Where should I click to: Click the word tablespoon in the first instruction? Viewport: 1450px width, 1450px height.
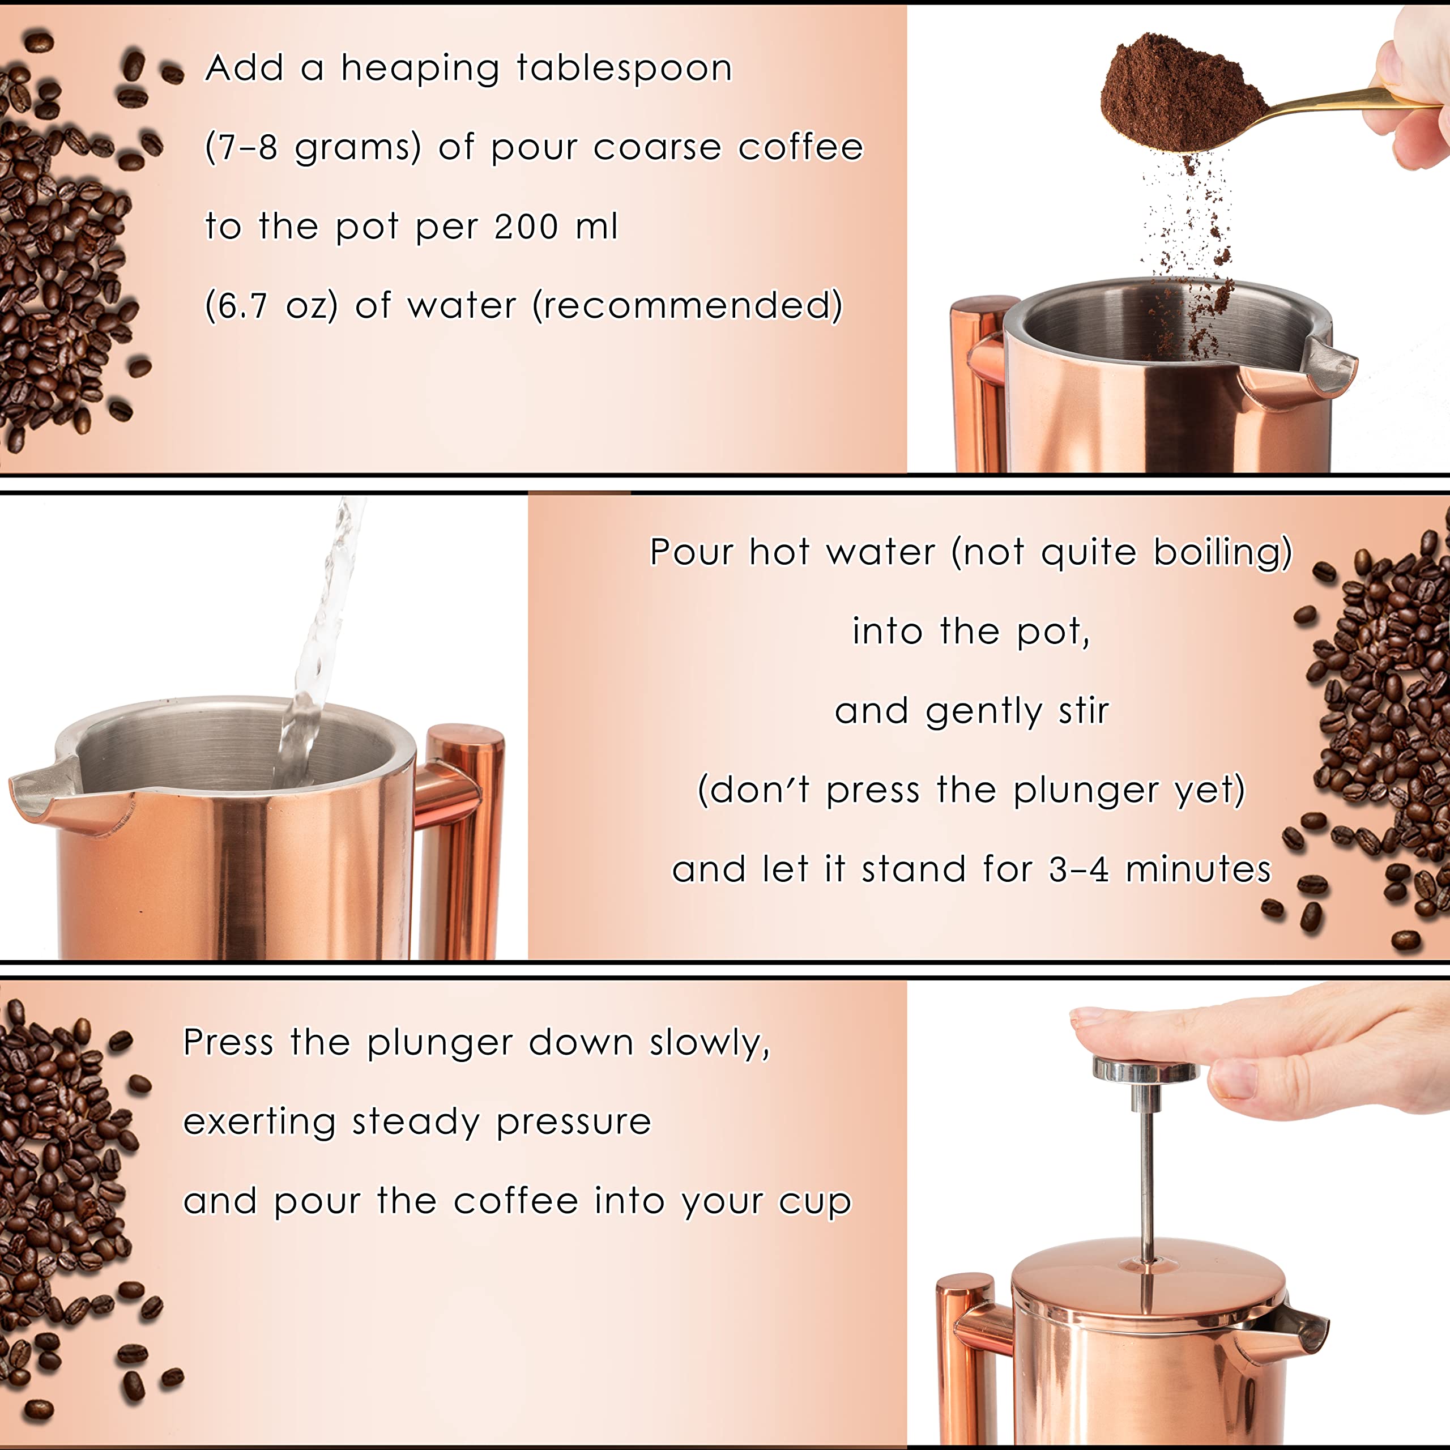tap(624, 69)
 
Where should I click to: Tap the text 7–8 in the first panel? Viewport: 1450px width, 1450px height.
tap(243, 148)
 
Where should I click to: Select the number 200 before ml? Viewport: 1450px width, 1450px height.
tap(526, 227)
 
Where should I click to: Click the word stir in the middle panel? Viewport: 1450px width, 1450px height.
tap(1083, 711)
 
